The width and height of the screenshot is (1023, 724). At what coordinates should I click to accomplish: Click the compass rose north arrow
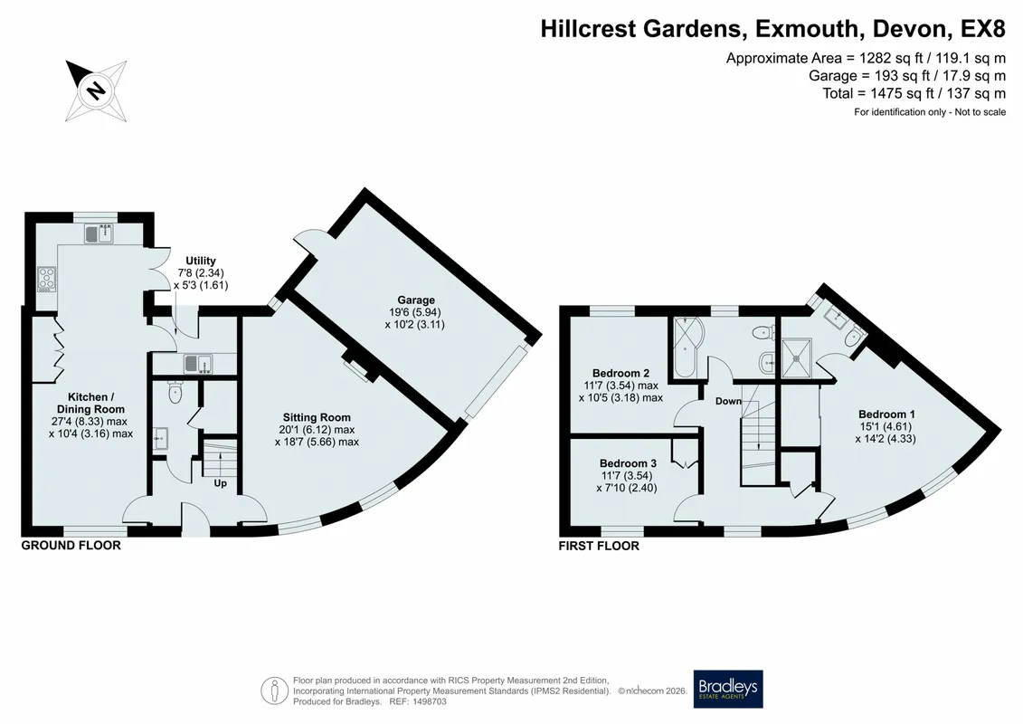click(x=96, y=90)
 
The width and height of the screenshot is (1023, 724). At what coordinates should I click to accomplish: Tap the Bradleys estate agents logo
click(x=727, y=689)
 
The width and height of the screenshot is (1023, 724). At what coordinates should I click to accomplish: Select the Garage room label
click(x=415, y=300)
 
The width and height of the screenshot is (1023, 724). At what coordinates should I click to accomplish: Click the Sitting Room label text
click(x=317, y=417)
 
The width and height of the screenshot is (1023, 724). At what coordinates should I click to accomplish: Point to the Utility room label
click(x=200, y=261)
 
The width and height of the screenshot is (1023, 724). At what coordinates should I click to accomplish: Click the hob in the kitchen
click(x=45, y=280)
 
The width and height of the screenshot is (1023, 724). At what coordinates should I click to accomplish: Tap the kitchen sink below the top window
click(x=99, y=233)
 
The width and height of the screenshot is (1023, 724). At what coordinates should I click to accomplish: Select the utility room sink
click(x=198, y=362)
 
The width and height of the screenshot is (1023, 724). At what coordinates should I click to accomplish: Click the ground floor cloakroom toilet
click(x=175, y=391)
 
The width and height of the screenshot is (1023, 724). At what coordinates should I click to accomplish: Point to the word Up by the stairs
click(x=221, y=483)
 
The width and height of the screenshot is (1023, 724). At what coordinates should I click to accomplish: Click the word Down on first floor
click(x=728, y=401)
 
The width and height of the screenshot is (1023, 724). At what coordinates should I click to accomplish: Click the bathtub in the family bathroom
click(x=685, y=348)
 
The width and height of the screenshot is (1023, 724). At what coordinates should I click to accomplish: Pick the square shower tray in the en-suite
click(x=797, y=357)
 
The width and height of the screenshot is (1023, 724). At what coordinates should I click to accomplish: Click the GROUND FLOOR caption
click(x=71, y=545)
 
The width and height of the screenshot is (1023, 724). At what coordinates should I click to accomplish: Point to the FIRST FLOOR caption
click(x=599, y=546)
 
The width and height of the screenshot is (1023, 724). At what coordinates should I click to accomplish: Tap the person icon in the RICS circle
click(x=275, y=690)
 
